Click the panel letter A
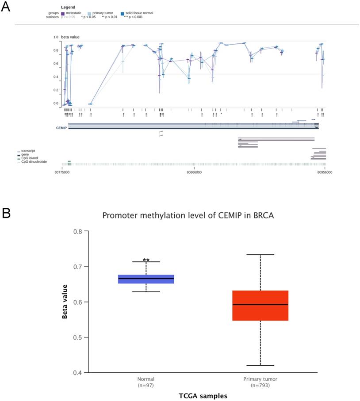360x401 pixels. [7, 8]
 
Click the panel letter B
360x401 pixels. [7, 214]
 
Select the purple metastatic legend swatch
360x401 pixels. [62, 13]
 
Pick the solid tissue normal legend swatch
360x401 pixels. [123, 13]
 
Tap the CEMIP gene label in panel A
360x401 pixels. [61, 128]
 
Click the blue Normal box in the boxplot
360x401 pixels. [146, 279]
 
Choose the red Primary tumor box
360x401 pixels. [260, 306]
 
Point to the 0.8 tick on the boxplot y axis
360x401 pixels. [78, 231]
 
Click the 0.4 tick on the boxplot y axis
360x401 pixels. [78, 373]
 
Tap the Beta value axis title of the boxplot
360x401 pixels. [65, 302]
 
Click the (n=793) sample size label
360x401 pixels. [260, 385]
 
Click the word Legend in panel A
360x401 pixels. [68, 8]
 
